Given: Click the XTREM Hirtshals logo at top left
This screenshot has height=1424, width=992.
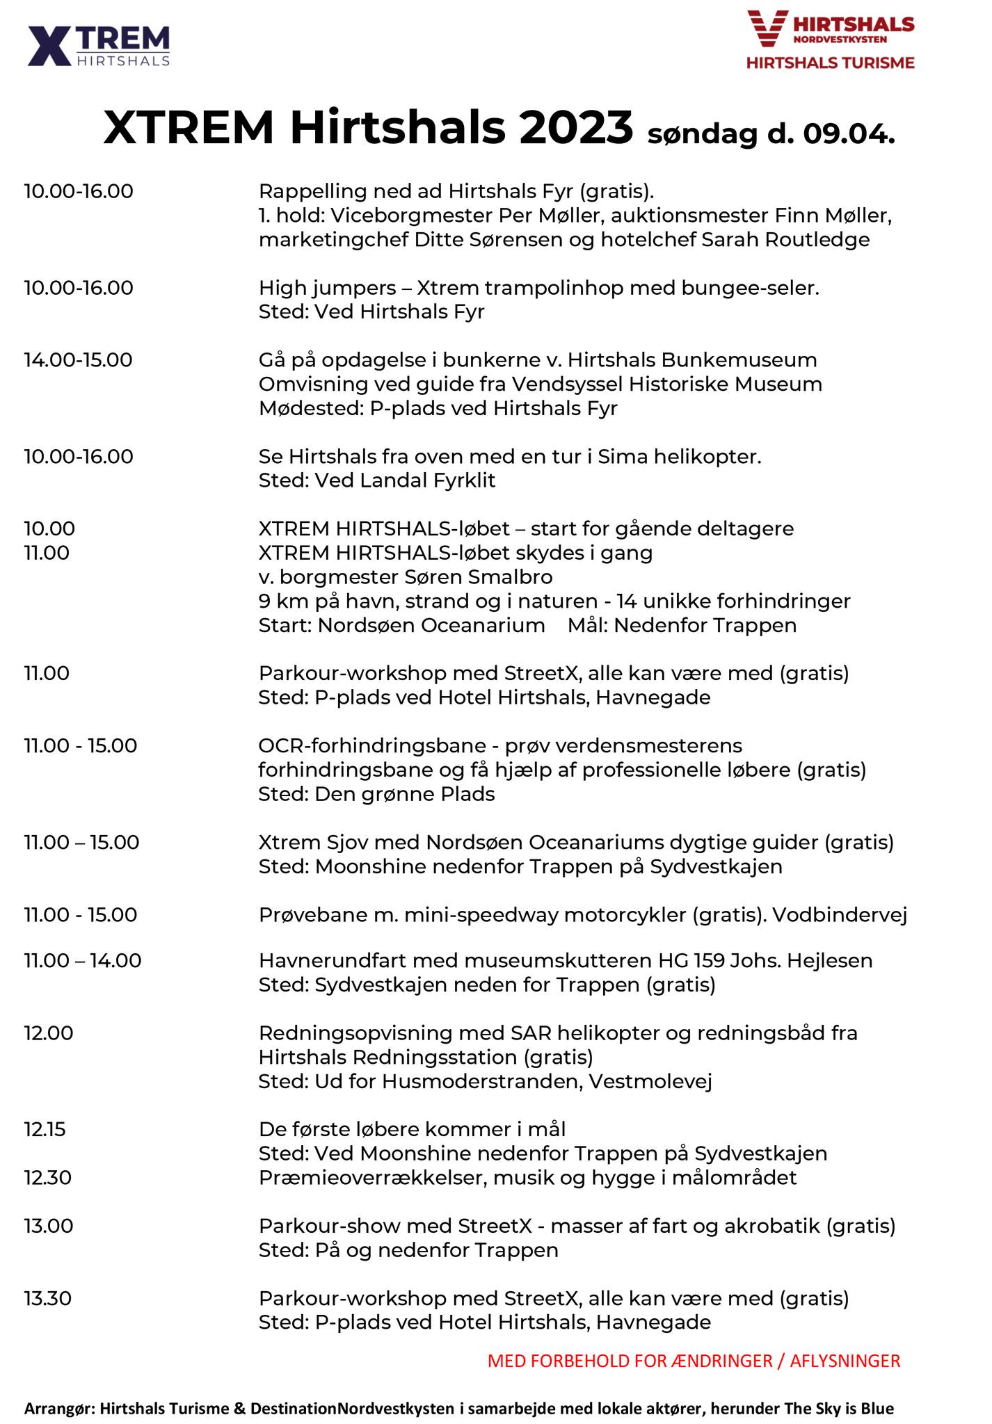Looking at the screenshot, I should [x=99, y=46].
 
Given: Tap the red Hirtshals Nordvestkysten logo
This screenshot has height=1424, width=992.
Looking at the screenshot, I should [x=831, y=40].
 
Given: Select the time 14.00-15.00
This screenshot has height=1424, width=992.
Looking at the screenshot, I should [x=78, y=360].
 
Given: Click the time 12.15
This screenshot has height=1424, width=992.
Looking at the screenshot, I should [x=45, y=1129].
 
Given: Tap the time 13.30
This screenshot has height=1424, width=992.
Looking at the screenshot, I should [x=48, y=1298].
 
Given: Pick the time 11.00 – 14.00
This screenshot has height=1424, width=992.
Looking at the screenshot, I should [x=83, y=961].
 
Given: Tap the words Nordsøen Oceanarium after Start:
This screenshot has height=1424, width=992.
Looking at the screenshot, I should [x=431, y=625].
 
